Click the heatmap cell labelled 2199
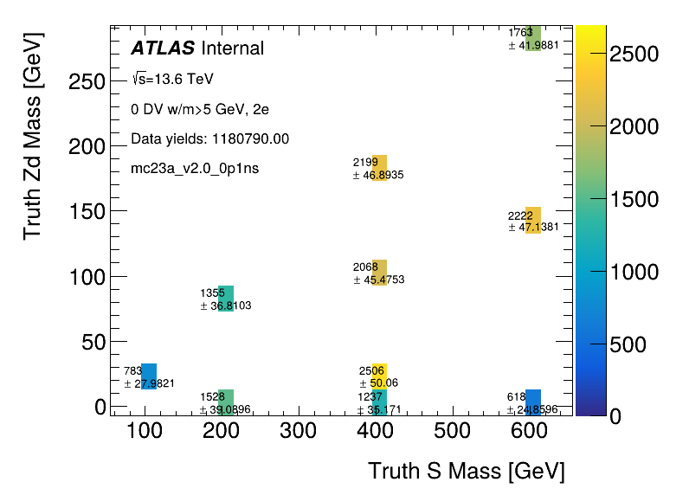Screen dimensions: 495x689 click(x=379, y=168)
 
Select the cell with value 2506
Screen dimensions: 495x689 click(x=379, y=376)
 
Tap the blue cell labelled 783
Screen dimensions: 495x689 click(x=149, y=376)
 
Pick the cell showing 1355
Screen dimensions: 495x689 click(x=226, y=299)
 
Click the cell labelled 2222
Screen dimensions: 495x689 click(x=533, y=220)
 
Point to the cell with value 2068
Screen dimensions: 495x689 click(x=379, y=273)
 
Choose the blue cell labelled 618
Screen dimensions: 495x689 click(x=533, y=402)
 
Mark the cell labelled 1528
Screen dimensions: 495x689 click(x=226, y=402)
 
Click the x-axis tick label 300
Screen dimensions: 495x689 click(x=298, y=431)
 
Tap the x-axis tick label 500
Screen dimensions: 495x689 click(x=452, y=431)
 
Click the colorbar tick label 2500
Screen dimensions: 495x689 click(x=634, y=55)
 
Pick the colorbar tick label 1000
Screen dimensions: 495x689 click(x=634, y=272)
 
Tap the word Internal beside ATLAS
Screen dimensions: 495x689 click(x=232, y=48)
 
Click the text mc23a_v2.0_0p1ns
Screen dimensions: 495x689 click(x=195, y=168)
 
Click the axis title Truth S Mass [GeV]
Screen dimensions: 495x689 click(x=467, y=472)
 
